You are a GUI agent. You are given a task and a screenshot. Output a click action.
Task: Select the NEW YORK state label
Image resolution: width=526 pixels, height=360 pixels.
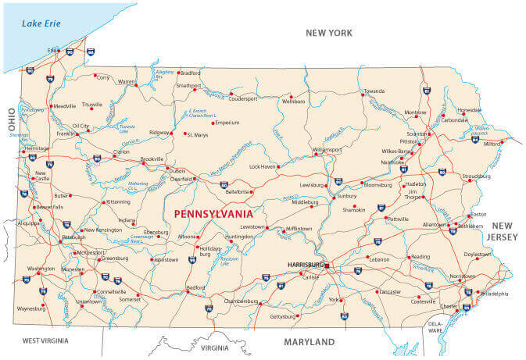[x=328, y=33]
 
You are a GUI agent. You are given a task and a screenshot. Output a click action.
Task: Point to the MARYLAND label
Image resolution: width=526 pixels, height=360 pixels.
[x=309, y=342]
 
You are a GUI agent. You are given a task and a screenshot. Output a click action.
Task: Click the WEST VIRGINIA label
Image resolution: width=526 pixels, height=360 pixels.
[x=45, y=340]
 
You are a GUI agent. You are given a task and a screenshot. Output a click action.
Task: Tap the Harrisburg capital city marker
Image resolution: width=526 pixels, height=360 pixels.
[x=328, y=266]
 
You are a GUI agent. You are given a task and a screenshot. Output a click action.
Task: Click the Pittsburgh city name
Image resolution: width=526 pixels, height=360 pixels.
[x=73, y=237]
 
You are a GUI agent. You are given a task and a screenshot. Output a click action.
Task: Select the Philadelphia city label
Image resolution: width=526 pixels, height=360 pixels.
[x=493, y=294]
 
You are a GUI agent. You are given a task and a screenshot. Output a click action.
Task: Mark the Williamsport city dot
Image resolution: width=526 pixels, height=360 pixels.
[x=316, y=154]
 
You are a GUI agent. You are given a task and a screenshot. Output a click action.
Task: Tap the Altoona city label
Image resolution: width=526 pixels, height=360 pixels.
[x=188, y=236]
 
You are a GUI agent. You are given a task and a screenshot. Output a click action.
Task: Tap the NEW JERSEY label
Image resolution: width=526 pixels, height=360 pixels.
[x=500, y=230]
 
